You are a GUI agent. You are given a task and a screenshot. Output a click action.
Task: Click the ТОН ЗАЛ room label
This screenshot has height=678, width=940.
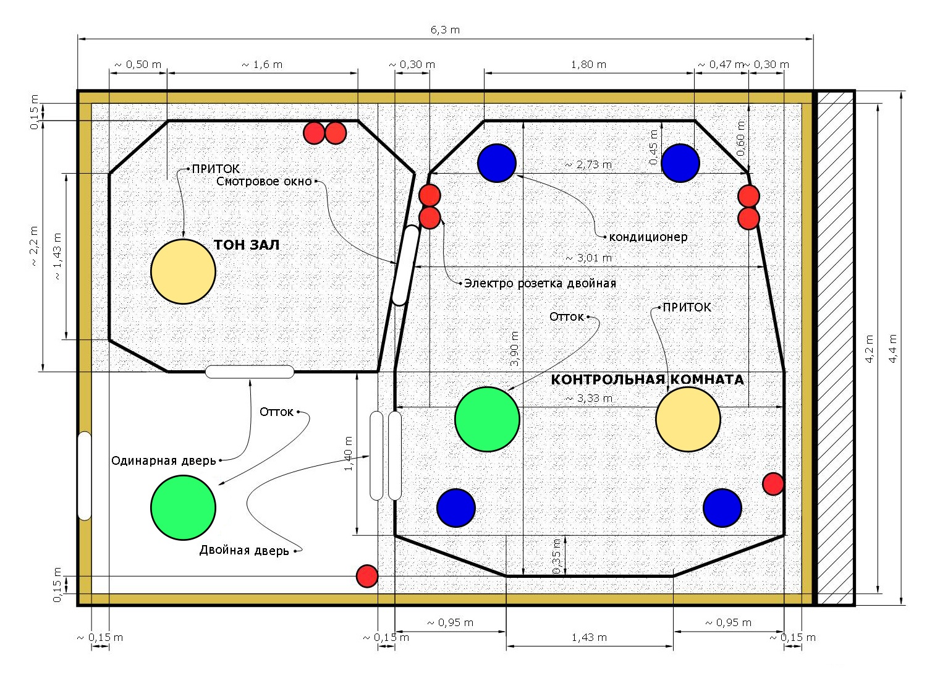[x=247, y=245]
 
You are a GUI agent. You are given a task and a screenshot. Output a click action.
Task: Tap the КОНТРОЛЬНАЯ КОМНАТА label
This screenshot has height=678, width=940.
[x=647, y=379]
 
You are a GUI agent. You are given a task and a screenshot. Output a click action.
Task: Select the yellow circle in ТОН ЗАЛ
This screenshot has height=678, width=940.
[x=184, y=272]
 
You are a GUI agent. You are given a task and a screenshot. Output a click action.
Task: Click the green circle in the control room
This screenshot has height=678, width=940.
[x=487, y=419]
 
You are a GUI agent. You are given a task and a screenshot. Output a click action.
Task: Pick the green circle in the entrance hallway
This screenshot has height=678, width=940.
[x=184, y=507]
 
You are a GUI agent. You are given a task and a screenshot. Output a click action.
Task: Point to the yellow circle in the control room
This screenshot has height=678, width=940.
[x=688, y=419]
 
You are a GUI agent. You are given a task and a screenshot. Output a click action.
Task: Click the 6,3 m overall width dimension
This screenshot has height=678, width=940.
[x=445, y=30]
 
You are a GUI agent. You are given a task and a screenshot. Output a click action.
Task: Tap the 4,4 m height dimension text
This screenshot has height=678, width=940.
[x=893, y=349]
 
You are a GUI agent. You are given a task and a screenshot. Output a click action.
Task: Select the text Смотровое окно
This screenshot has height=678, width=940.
[x=264, y=182]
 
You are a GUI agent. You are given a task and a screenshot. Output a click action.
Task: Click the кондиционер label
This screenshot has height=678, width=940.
[x=648, y=237]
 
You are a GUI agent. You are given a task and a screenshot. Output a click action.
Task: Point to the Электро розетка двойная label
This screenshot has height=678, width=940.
[x=540, y=284]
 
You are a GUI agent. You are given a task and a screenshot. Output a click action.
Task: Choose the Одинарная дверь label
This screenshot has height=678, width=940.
[x=164, y=460]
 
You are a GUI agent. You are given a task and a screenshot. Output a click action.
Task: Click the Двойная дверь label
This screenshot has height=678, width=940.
[x=244, y=550]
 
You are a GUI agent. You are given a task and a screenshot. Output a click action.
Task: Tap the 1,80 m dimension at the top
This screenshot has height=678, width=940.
[x=589, y=65]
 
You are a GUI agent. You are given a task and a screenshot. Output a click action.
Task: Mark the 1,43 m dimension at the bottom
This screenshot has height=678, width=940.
[x=589, y=638]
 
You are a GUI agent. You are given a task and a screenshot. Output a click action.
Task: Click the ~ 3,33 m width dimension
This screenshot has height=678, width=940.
[x=589, y=398]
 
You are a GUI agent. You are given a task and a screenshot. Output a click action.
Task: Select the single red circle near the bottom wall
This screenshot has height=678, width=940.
[x=367, y=576]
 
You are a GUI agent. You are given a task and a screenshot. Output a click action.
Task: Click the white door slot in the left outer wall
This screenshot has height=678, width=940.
[x=85, y=476]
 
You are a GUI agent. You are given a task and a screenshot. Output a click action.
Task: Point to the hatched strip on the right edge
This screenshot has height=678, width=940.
[x=836, y=348]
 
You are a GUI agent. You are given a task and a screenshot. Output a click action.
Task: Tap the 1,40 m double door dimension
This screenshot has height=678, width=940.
[x=349, y=454]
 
